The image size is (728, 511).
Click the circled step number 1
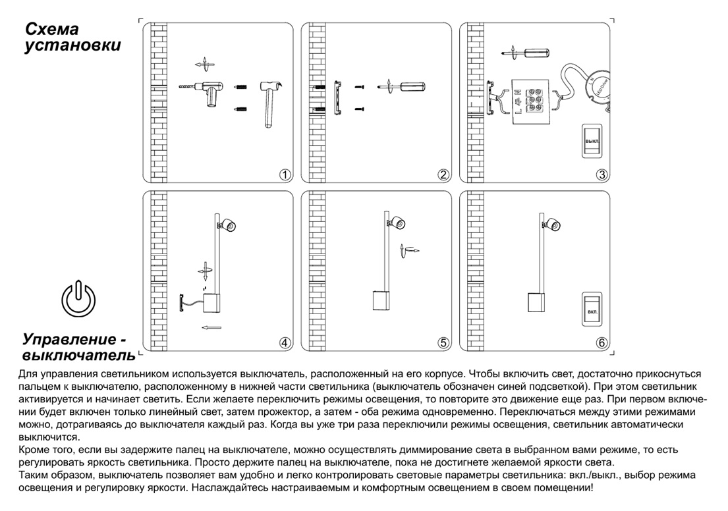[x=285, y=175]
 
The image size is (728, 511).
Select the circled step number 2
[x=443, y=175]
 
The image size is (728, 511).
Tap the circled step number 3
[x=602, y=175]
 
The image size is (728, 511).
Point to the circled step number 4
[x=285, y=342]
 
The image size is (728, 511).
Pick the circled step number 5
[x=443, y=342]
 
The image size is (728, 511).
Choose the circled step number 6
[x=602, y=342]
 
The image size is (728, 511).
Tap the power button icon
[x=78, y=298]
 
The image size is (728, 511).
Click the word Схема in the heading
[x=52, y=30]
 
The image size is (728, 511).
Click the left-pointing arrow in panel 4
[x=211, y=327]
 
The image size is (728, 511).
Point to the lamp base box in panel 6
[x=537, y=302]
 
